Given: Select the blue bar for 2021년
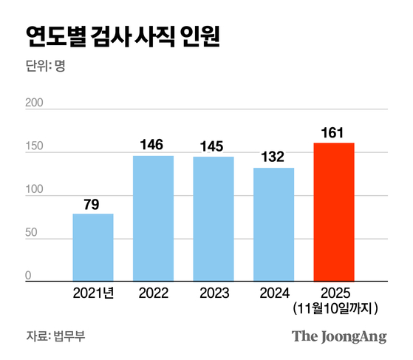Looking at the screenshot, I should pyautogui.click(x=93, y=247).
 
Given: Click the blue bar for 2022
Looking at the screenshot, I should pyautogui.click(x=154, y=218).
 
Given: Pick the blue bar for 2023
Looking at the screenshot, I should pyautogui.click(x=214, y=219).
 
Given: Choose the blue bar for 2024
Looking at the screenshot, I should pyautogui.click(x=273, y=225).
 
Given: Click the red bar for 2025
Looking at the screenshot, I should pyautogui.click(x=334, y=212).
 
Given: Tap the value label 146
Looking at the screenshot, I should pyautogui.click(x=154, y=144).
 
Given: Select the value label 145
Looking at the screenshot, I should pyautogui.click(x=214, y=145).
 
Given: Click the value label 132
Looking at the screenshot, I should pyautogui.click(x=273, y=156).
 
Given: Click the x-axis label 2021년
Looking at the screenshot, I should pyautogui.click(x=93, y=293).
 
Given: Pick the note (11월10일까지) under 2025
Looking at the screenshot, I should pyautogui.click(x=335, y=307).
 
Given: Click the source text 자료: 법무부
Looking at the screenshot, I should pyautogui.click(x=56, y=336).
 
